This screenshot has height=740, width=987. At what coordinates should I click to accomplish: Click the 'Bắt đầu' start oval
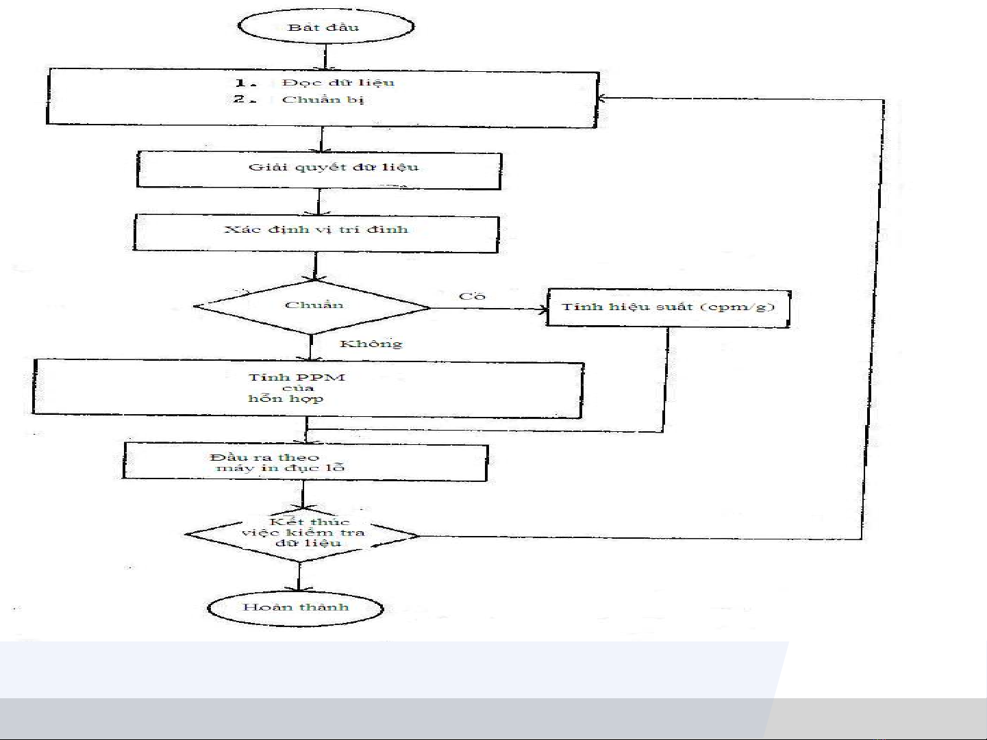click(325, 27)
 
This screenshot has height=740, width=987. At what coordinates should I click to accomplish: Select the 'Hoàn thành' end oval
click(296, 607)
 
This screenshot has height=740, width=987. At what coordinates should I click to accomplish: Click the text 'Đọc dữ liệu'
click(338, 83)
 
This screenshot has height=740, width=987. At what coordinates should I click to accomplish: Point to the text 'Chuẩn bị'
click(323, 100)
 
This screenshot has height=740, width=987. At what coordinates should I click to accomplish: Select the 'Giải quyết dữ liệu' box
click(319, 169)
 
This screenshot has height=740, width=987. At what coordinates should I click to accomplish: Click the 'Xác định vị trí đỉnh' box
click(316, 232)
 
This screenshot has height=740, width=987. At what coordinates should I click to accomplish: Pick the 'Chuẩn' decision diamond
click(313, 306)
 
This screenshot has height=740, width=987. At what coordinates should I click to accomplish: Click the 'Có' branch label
click(472, 296)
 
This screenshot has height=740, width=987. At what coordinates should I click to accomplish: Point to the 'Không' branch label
click(371, 344)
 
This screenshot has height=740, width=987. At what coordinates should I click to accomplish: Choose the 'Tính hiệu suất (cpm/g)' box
click(668, 307)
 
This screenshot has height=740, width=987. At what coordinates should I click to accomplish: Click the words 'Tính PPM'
click(296, 377)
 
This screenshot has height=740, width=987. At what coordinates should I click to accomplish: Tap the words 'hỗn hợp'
click(286, 398)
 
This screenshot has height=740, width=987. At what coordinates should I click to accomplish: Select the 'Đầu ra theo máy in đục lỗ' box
click(305, 462)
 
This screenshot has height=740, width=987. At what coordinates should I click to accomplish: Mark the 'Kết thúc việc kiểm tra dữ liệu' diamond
click(302, 533)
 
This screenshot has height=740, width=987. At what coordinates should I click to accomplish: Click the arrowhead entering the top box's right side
click(602, 99)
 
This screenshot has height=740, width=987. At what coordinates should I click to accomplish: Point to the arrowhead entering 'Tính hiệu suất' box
click(543, 309)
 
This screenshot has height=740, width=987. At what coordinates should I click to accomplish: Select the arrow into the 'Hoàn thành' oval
click(299, 578)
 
